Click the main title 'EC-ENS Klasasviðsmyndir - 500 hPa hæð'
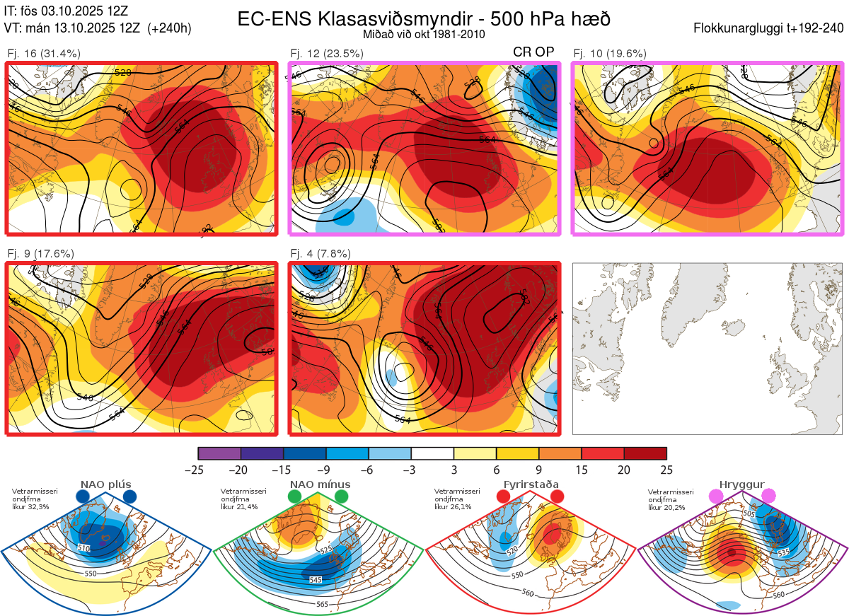point(424,18)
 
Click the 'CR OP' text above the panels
point(533,52)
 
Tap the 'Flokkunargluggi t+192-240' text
point(769,28)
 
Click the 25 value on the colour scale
point(666,470)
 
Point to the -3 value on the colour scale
point(411,470)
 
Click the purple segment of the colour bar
point(219,453)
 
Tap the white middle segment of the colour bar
point(432,453)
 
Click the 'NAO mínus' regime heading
point(320,484)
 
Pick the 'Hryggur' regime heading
point(742,484)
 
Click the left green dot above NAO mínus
point(294,497)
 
